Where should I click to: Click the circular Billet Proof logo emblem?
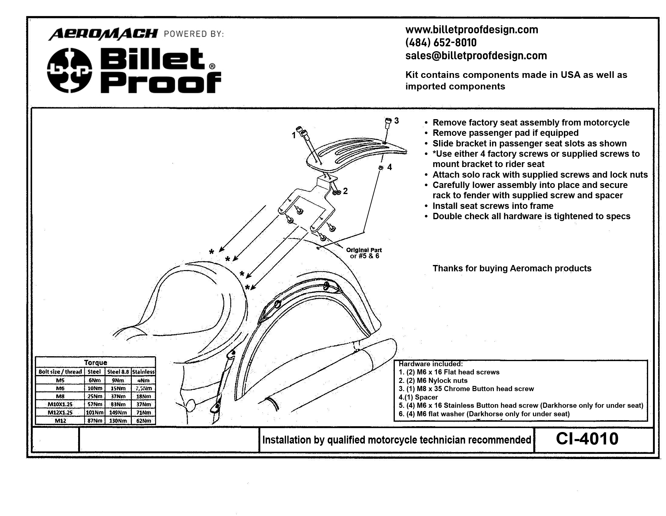[x=69, y=71]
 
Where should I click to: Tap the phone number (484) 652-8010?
[x=441, y=42]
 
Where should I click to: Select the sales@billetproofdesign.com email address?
[x=476, y=55]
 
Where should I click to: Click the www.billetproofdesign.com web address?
[x=472, y=30]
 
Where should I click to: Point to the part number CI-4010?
[x=587, y=439]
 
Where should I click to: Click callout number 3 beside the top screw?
[x=396, y=121]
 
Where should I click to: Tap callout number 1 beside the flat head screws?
[x=294, y=136]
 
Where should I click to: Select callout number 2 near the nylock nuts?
[x=345, y=191]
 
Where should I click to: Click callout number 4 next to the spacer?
[x=389, y=167]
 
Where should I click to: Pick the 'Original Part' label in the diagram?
[x=364, y=250]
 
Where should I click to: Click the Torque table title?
[x=95, y=363]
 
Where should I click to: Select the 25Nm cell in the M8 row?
[x=94, y=396]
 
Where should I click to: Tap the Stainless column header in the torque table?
[x=143, y=372]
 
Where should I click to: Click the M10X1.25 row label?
[x=60, y=404]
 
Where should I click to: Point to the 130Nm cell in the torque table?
[x=118, y=421]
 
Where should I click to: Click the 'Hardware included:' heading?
[x=431, y=364]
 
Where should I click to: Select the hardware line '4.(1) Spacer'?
[x=418, y=397]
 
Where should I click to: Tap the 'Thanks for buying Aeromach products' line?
[x=512, y=269]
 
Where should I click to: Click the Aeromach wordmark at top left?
[x=103, y=35]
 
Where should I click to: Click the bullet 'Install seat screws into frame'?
[x=493, y=206]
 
